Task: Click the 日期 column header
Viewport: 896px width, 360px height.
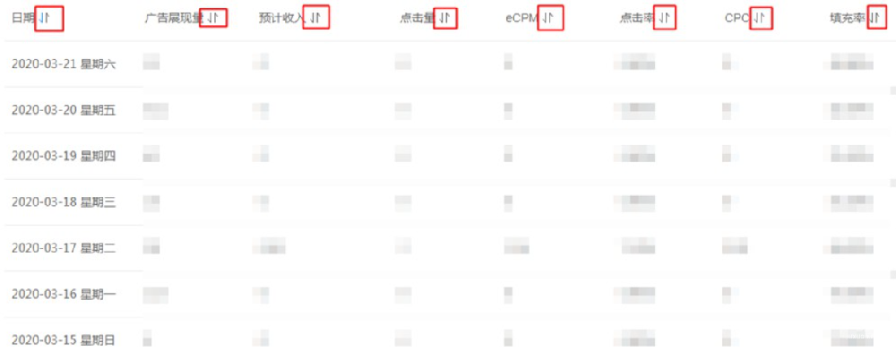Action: point(22,18)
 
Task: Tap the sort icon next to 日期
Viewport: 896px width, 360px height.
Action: point(48,18)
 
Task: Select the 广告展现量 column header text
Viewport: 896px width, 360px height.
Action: point(173,18)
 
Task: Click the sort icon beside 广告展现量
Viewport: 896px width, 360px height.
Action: point(213,18)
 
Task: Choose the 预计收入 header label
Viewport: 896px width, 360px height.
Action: point(279,18)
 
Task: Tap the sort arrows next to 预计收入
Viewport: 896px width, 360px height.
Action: point(316,18)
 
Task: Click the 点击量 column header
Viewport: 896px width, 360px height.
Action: point(418,18)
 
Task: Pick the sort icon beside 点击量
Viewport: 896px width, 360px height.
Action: point(445,18)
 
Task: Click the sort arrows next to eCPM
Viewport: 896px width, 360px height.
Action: point(550,18)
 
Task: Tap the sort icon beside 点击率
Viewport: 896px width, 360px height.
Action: point(664,18)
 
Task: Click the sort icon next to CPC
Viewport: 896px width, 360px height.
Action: point(761,18)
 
